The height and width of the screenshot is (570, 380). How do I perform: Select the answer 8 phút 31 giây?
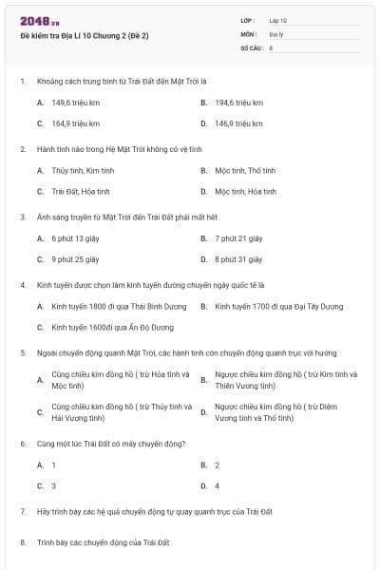pyautogui.click(x=237, y=259)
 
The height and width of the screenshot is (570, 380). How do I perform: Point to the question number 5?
pyautogui.click(x=22, y=352)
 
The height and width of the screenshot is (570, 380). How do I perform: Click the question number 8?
pyautogui.click(x=22, y=542)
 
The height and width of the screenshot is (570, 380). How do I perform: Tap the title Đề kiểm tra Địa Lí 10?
pyautogui.click(x=85, y=35)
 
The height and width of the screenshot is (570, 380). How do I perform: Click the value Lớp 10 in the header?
pyautogui.click(x=278, y=20)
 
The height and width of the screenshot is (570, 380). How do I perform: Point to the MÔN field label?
pyautogui.click(x=248, y=33)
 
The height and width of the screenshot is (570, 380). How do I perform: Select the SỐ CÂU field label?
pyautogui.click(x=251, y=47)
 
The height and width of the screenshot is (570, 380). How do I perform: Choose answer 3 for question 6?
pyautogui.click(x=53, y=486)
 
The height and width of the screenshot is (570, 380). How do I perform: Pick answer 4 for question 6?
pyautogui.click(x=218, y=486)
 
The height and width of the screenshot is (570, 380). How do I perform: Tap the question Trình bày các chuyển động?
pyautogui.click(x=103, y=542)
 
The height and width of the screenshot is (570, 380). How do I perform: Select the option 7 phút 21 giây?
pyautogui.click(x=238, y=238)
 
